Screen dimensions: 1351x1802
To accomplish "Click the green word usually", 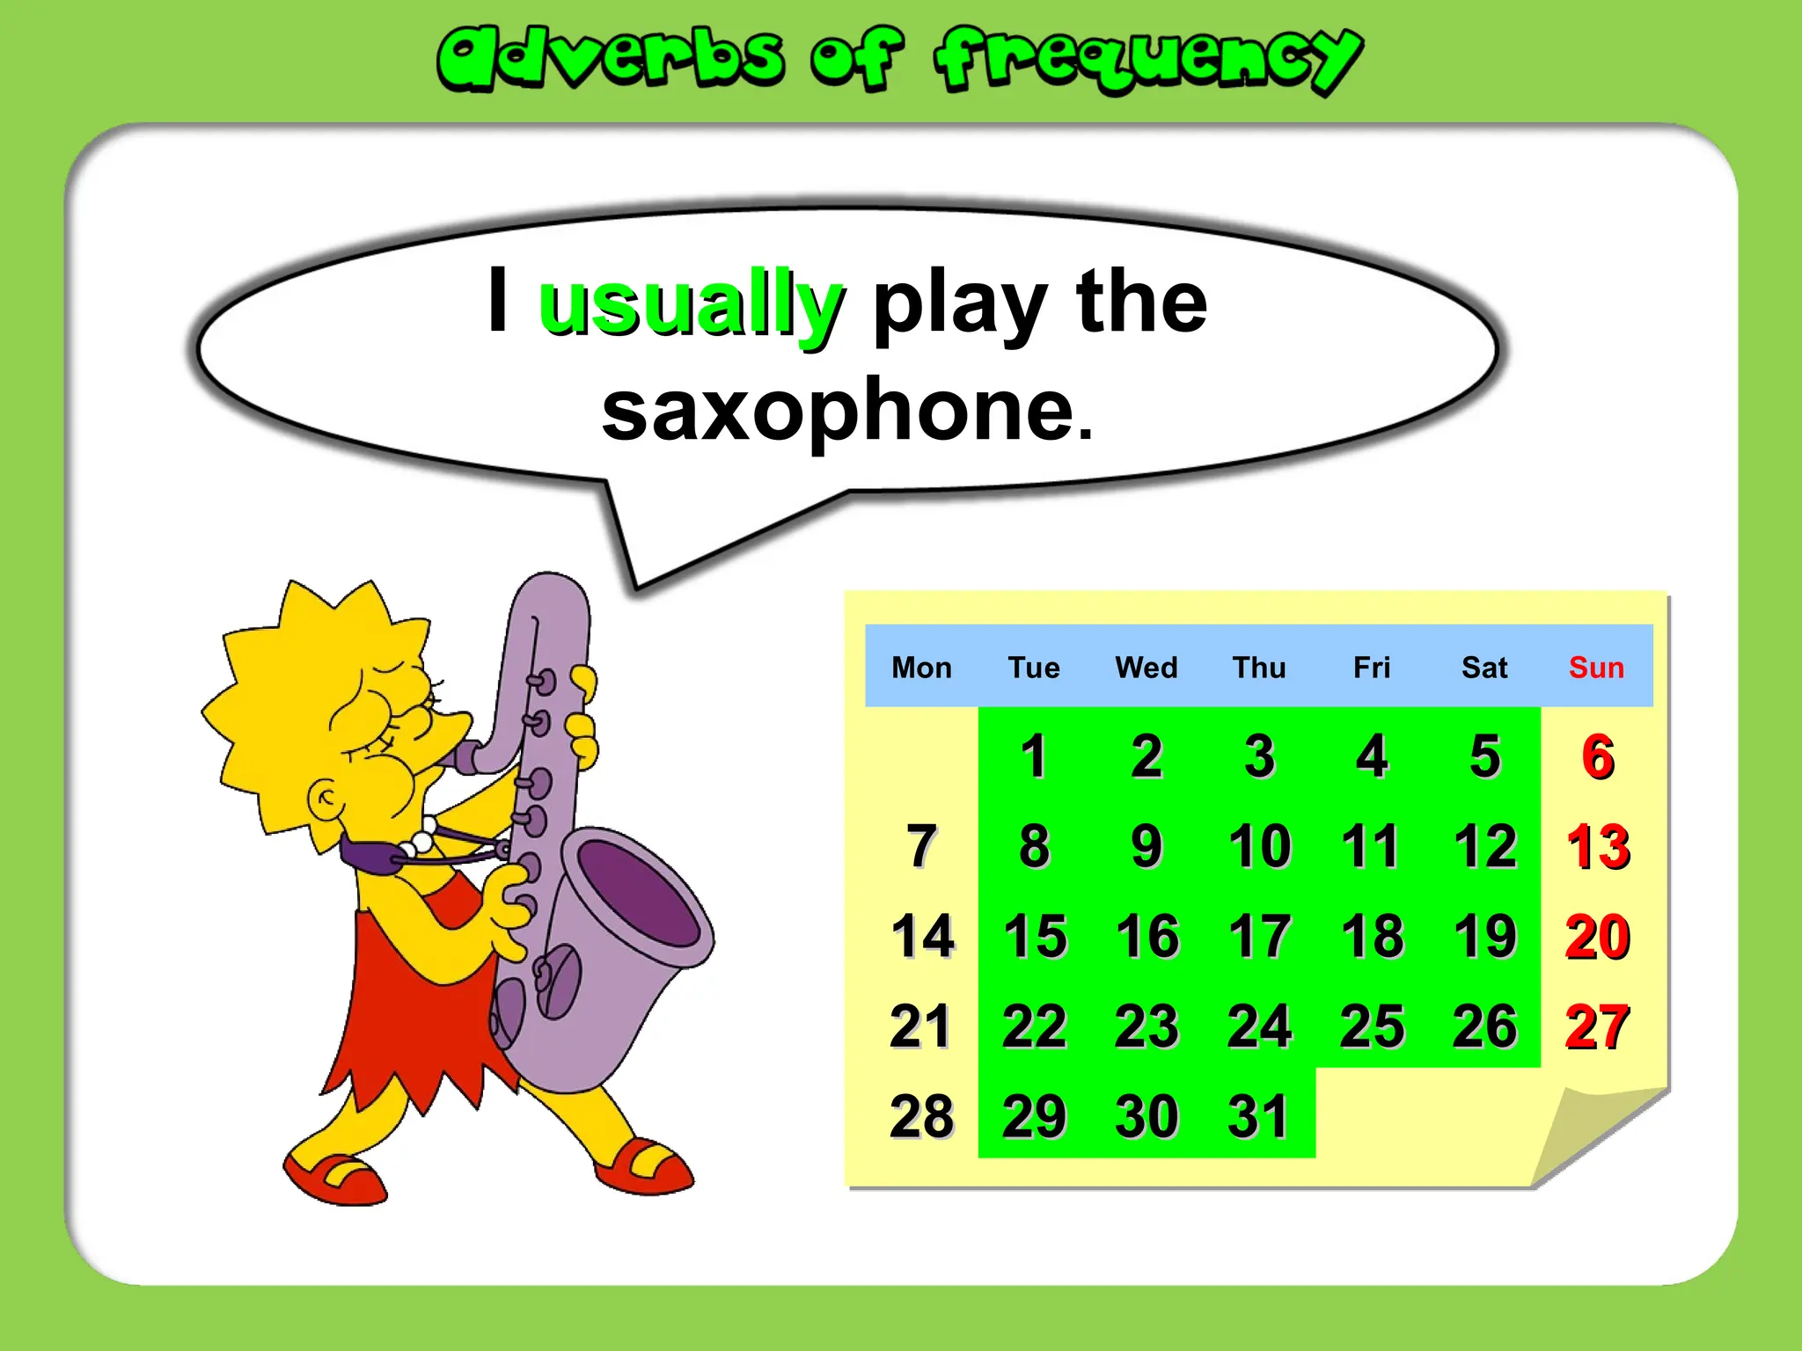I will [x=692, y=303].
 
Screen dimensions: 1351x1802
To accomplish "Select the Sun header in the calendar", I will [x=1596, y=668].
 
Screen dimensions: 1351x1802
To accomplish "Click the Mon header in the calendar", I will [x=921, y=668].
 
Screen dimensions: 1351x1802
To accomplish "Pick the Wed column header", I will [x=1146, y=668].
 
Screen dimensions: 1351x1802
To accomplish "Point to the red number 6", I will [x=1598, y=756].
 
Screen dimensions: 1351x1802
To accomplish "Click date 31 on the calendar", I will [x=1258, y=1116].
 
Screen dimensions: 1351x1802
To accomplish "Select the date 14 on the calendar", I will [x=922, y=936].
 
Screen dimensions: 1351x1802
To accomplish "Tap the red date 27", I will [x=1597, y=1026].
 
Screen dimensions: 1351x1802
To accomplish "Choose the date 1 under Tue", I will [x=1034, y=756].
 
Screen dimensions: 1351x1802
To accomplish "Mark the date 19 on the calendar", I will [x=1485, y=936].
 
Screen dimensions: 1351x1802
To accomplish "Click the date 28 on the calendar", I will [x=922, y=1116].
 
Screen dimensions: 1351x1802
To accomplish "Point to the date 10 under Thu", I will [x=1259, y=846].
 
